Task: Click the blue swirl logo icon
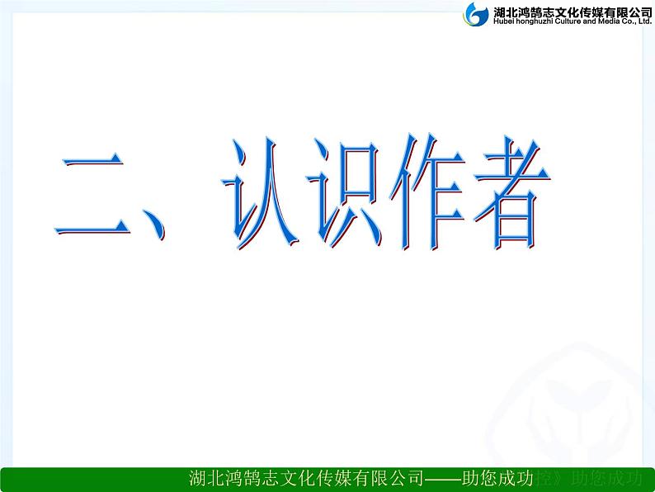(x=477, y=14)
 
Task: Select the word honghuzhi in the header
(x=535, y=21)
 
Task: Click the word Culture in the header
(x=574, y=21)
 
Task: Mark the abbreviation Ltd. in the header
(x=645, y=21)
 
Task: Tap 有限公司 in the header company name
(x=625, y=10)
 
